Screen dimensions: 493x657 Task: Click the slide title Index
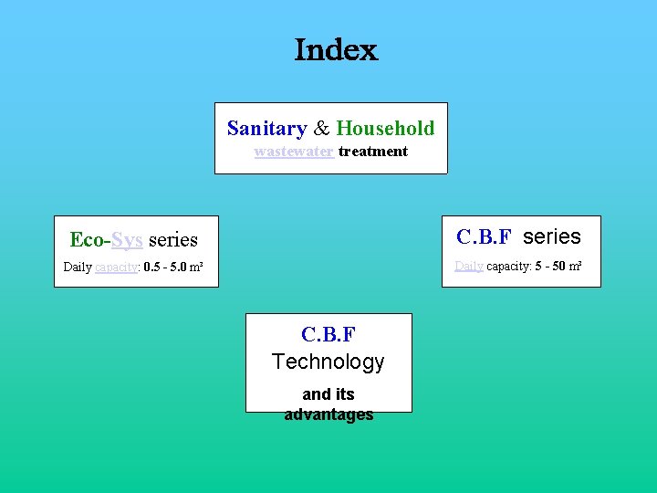pyautogui.click(x=336, y=50)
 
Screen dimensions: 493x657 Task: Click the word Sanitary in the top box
pyautogui.click(x=266, y=129)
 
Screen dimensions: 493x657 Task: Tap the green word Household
pyautogui.click(x=385, y=129)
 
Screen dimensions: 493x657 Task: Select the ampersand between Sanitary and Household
pyautogui.click(x=321, y=129)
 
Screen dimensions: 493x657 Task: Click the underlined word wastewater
pyautogui.click(x=293, y=152)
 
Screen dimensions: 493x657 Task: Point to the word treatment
pyautogui.click(x=373, y=152)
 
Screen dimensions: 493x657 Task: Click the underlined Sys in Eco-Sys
pyautogui.click(x=127, y=240)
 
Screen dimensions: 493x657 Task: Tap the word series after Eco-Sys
pyautogui.click(x=172, y=240)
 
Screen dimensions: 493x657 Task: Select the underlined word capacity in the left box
pyautogui.click(x=116, y=267)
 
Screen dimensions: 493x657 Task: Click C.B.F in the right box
pyautogui.click(x=486, y=237)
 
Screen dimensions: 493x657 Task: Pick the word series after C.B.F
pyautogui.click(x=551, y=237)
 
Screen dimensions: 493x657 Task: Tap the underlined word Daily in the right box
pyautogui.click(x=469, y=266)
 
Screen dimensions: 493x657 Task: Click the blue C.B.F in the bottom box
pyautogui.click(x=328, y=335)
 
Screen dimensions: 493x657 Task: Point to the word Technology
pyautogui.click(x=328, y=362)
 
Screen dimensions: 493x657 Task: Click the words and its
pyautogui.click(x=328, y=394)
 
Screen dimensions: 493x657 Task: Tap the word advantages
pyautogui.click(x=328, y=414)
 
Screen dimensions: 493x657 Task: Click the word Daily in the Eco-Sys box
pyautogui.click(x=78, y=267)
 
